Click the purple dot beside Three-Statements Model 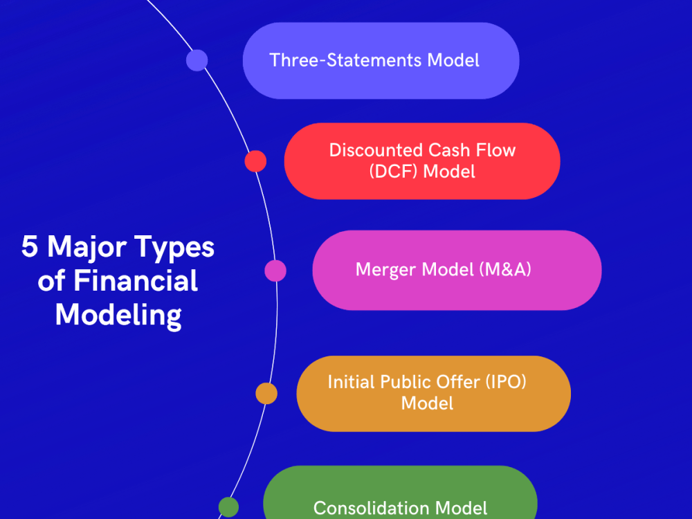click(197, 60)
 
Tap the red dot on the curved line click(255, 161)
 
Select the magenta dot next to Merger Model click(275, 271)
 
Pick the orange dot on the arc click(266, 393)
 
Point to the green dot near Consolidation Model click(228, 507)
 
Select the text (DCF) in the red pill click(394, 171)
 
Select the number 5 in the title click(29, 248)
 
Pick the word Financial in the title click(136, 282)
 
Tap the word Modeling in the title click(118, 316)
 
